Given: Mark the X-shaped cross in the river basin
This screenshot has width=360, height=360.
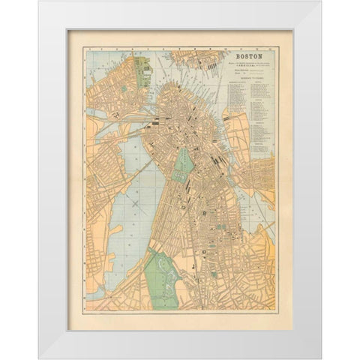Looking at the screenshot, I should click(x=135, y=202).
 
